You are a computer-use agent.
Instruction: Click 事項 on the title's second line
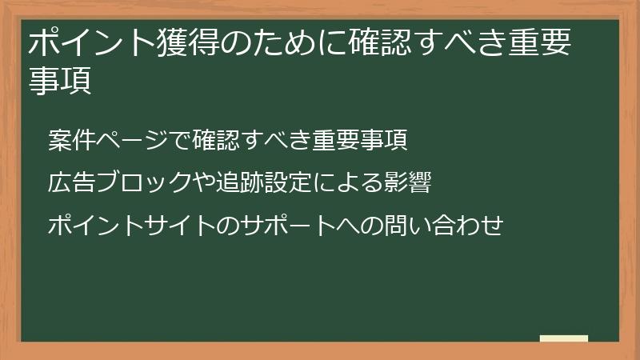[x=60, y=81]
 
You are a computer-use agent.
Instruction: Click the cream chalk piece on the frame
[x=564, y=339]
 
